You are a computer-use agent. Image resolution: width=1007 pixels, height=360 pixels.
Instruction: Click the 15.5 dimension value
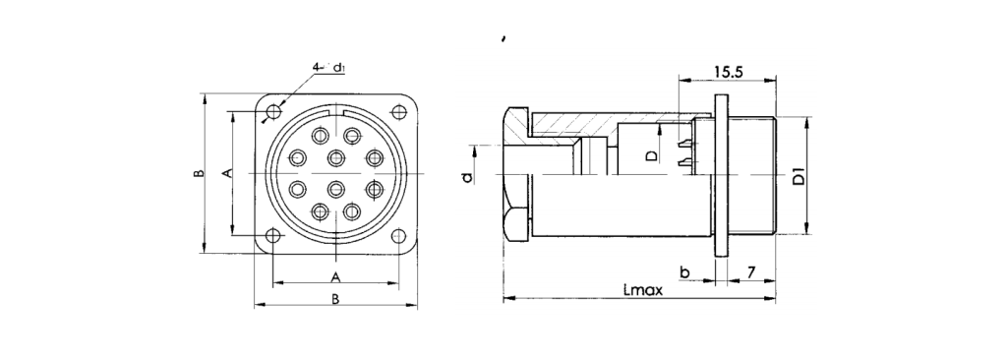pyautogui.click(x=729, y=72)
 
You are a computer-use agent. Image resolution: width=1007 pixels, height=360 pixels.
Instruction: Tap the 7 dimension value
pyautogui.click(x=750, y=272)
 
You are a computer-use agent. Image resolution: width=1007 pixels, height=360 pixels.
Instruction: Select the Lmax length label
pyautogui.click(x=642, y=290)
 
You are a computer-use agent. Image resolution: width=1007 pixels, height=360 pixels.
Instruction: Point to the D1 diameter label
pyautogui.click(x=799, y=176)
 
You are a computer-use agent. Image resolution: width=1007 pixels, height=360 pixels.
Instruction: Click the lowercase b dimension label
pyautogui.click(x=684, y=272)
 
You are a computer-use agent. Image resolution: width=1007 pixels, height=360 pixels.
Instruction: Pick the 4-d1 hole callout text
pyautogui.click(x=329, y=68)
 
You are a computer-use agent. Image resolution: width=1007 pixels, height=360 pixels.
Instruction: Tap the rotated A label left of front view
pyautogui.click(x=227, y=173)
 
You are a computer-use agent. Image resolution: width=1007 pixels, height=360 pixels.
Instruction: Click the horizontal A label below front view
pyautogui.click(x=334, y=277)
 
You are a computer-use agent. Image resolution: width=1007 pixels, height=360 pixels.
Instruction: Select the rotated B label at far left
pyautogui.click(x=199, y=173)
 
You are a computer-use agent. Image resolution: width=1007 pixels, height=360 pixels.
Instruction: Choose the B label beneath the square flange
pyautogui.click(x=334, y=299)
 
